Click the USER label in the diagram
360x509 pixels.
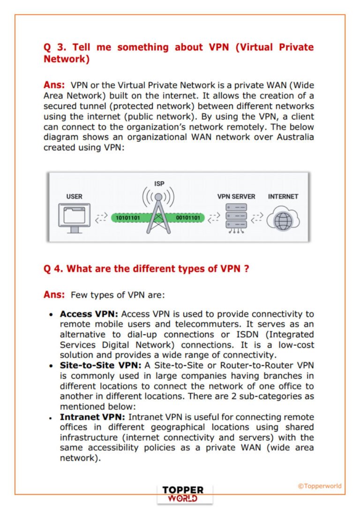pyautogui.click(x=74, y=197)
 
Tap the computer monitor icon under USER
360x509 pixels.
pyautogui.click(x=74, y=218)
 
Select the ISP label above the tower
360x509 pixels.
pyautogui.click(x=159, y=184)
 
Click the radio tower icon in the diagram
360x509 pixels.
pyautogui.click(x=159, y=214)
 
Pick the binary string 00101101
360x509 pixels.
pyautogui.click(x=187, y=218)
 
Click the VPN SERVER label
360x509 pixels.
pyautogui.click(x=236, y=197)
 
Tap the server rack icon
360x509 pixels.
pyautogui.click(x=236, y=218)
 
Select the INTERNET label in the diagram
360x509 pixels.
pyautogui.click(x=283, y=197)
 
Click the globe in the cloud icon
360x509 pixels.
pyautogui.click(x=283, y=220)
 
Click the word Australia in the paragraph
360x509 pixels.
pyautogui.click(x=291, y=137)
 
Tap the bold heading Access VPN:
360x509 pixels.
pyautogui.click(x=89, y=314)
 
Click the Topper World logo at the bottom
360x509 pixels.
pyautogui.click(x=183, y=494)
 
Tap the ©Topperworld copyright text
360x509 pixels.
pyautogui.click(x=320, y=486)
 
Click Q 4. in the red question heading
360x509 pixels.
pyautogui.click(x=53, y=269)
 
